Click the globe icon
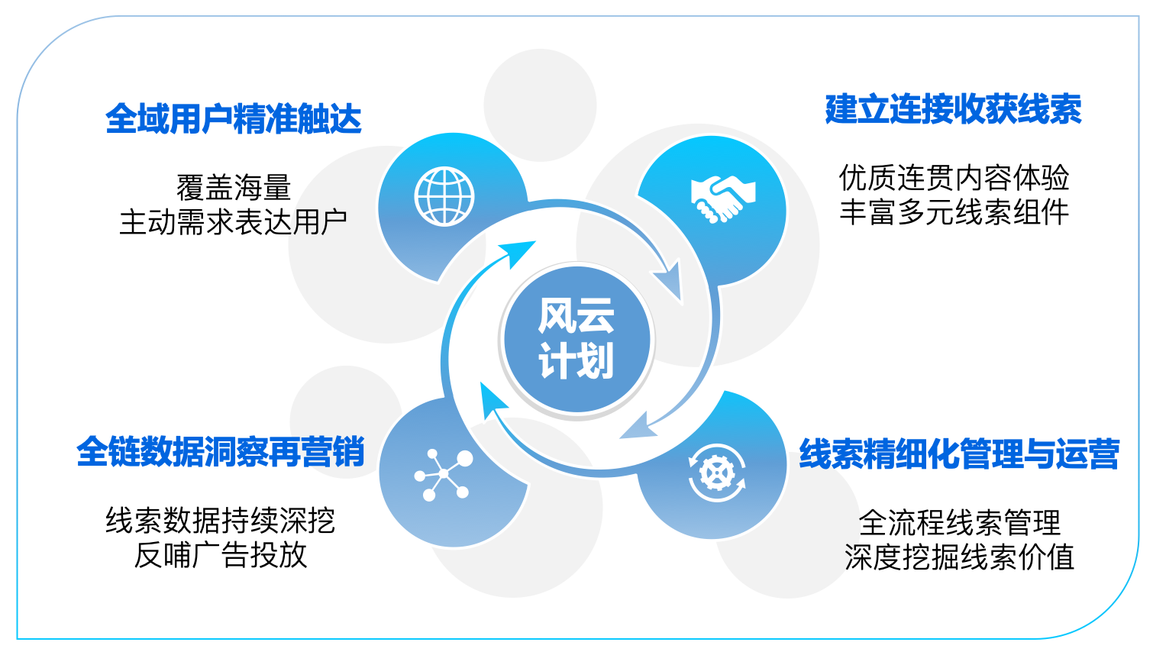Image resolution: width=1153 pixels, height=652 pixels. point(444,196)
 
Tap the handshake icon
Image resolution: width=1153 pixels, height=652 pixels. point(722,199)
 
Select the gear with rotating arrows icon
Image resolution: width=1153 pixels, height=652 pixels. point(717,473)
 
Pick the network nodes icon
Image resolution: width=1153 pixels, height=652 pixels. point(443,474)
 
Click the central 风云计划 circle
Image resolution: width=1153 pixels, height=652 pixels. point(576,340)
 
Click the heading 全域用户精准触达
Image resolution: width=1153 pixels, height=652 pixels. point(233,119)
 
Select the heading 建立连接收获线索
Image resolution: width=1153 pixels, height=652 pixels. point(953,110)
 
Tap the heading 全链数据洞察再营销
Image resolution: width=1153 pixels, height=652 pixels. point(221,452)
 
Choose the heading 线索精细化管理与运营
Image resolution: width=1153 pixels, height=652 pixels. point(959,453)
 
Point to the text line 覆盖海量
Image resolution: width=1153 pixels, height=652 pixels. point(234,187)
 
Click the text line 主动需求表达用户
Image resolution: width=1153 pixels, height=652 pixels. point(233,222)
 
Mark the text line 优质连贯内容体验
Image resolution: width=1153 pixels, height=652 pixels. point(954,178)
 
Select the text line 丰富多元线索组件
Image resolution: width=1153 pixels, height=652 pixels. point(954,212)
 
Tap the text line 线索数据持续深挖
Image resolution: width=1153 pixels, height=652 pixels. point(221,520)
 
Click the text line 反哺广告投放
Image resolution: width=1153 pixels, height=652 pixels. point(221,555)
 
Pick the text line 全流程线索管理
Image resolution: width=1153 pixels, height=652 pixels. point(960,522)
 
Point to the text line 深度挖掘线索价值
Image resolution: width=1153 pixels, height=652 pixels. point(960,557)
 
